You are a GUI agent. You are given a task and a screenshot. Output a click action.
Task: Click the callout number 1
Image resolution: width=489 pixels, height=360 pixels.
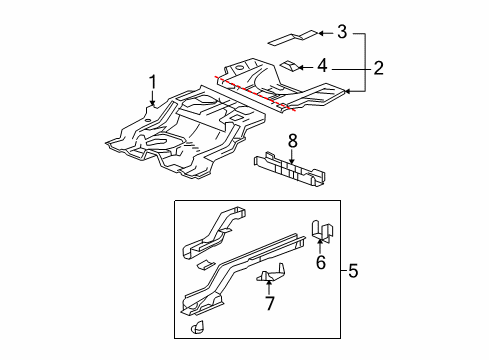[153, 80]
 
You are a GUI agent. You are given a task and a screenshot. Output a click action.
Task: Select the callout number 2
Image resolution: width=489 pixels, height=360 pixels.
[379, 68]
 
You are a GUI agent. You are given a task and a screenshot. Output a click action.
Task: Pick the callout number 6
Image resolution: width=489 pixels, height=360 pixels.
[320, 262]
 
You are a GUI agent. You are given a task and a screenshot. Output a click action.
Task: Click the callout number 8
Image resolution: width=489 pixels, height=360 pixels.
[292, 141]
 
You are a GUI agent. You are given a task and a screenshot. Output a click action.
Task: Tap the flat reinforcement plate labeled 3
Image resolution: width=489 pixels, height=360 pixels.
[285, 39]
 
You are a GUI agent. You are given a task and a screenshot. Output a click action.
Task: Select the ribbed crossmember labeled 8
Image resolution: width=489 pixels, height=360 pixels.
[290, 173]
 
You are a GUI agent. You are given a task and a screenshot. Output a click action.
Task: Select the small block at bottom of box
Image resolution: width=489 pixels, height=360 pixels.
[196, 328]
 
